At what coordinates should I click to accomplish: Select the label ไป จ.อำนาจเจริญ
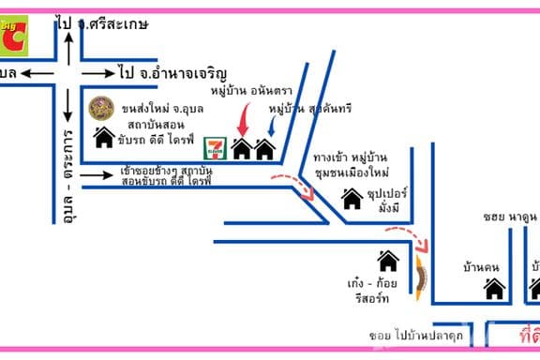click(x=173, y=72)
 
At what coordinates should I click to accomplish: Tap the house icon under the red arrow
click(x=242, y=148)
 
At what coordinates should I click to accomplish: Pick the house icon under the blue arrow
click(x=264, y=148)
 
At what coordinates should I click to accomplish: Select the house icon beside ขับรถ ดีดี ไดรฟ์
click(x=104, y=138)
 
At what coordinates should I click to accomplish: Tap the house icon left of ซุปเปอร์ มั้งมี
click(x=352, y=198)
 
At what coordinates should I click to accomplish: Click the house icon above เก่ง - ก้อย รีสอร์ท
click(x=388, y=260)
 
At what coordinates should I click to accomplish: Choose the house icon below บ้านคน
click(x=494, y=289)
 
